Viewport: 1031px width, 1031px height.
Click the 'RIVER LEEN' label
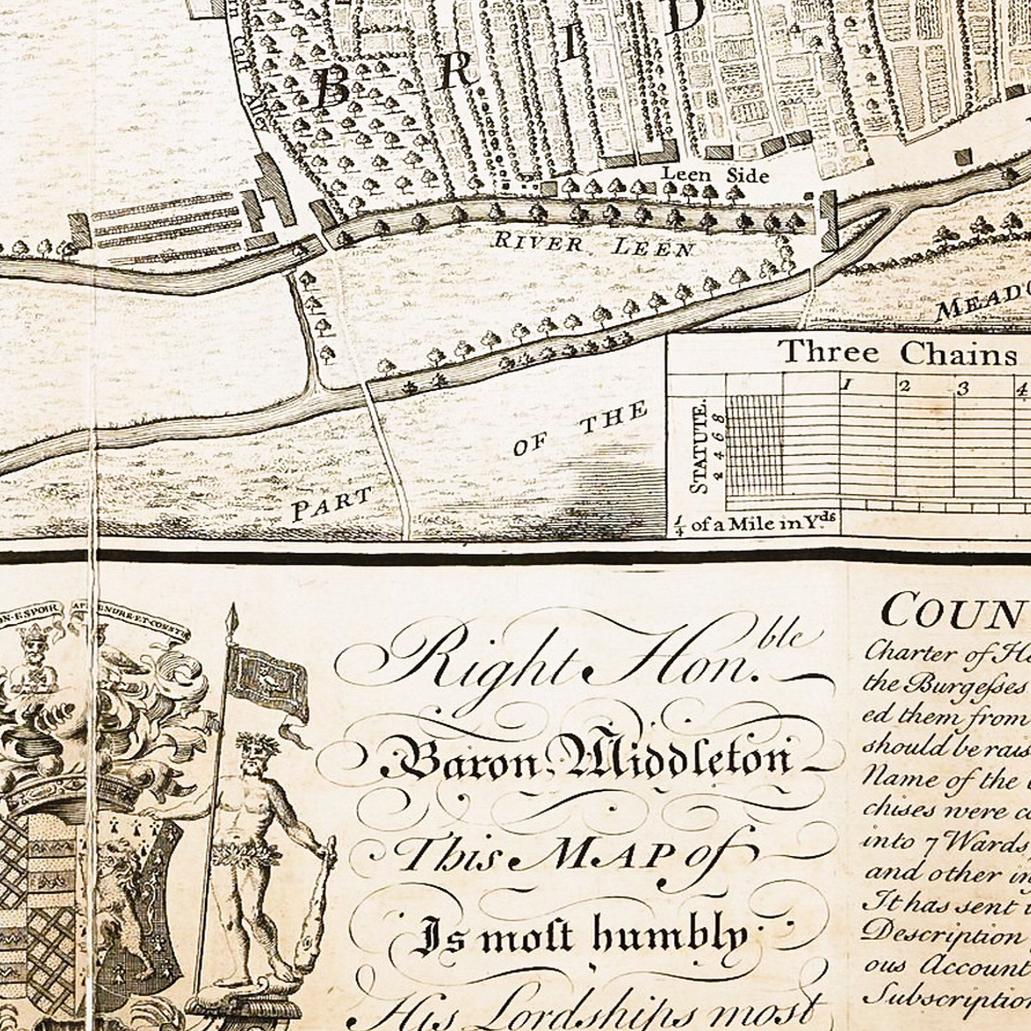(x=594, y=245)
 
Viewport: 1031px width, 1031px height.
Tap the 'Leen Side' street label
(x=715, y=175)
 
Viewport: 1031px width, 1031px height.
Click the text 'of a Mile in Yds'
(x=762, y=524)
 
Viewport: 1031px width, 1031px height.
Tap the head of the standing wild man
(x=255, y=753)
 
